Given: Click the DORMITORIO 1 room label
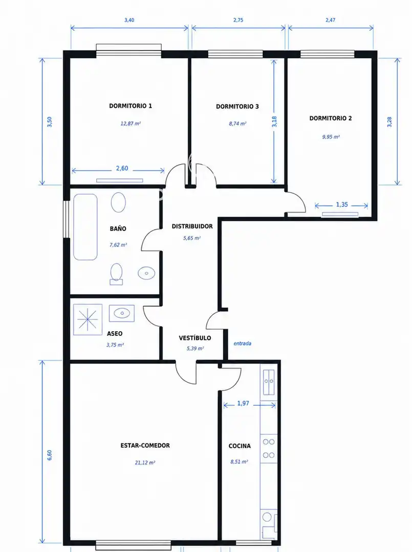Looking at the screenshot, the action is coord(131,106).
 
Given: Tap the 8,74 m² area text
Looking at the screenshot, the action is coord(237,124).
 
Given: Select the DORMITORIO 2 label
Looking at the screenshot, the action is coord(331,118).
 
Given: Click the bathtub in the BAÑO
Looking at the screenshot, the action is coord(85,227).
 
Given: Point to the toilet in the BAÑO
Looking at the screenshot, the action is coord(116,274).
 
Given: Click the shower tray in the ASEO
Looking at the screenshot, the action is coord(88,319).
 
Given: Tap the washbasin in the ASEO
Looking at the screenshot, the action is coord(122,313).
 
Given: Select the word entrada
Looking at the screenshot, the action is coord(243,343).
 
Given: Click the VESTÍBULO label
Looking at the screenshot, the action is coord(195,338).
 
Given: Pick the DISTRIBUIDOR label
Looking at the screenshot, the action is coord(192,226).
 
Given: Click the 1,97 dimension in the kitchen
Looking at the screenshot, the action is coord(243,403).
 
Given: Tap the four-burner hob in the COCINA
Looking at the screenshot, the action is coord(269,449).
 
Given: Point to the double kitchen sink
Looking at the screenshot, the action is coord(270,382).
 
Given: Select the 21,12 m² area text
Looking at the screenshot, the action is coord(145,463).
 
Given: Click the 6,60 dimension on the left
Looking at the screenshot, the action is coord(49,455).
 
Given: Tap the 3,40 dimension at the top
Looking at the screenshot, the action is coord(129,20).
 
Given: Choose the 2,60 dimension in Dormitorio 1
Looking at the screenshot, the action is coord(122,168).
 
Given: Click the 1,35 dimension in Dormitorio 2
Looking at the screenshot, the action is coord(342,204).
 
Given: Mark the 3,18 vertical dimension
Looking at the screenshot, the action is coord(274,122).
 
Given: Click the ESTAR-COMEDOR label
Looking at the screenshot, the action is coord(145,445).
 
